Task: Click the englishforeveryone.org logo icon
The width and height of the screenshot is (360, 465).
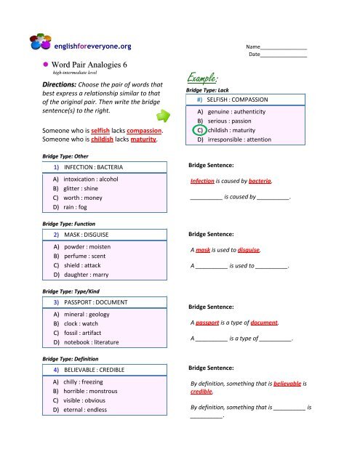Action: pos(38,44)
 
